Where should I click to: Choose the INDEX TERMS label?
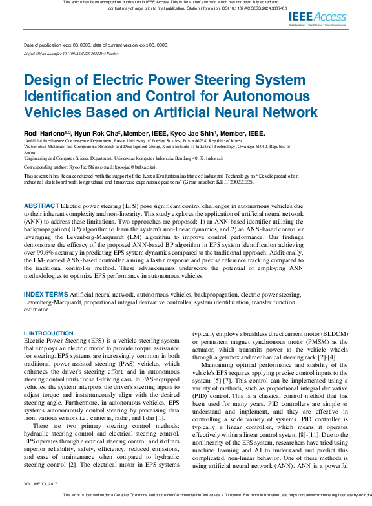[x=46, y=295]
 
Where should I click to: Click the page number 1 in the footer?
[x=346, y=484]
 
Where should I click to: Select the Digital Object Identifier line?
[x=71, y=54]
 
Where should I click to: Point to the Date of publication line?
[x=95, y=45]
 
